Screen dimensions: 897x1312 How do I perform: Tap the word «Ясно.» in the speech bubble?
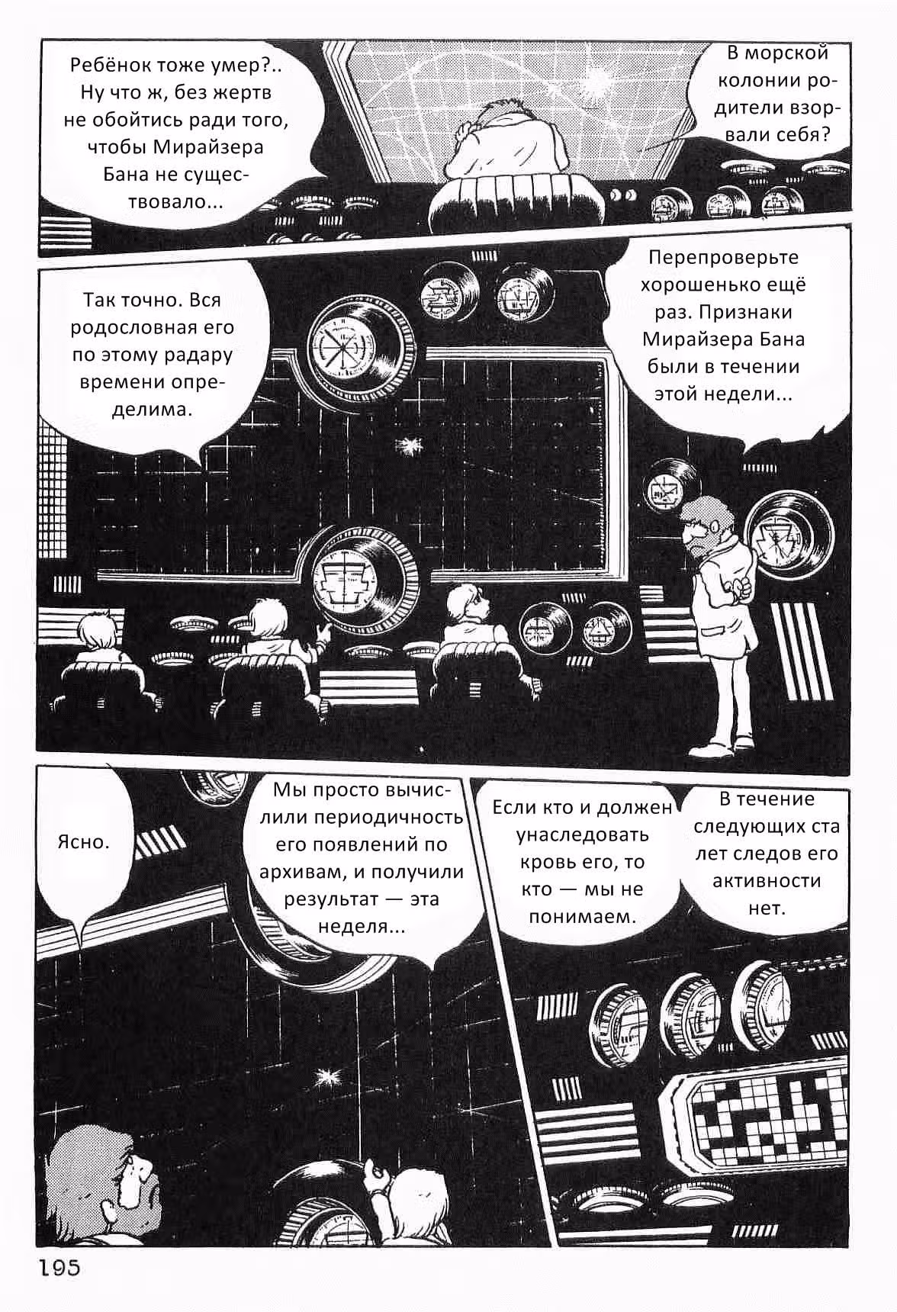(x=83, y=842)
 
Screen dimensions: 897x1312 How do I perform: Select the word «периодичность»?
(x=389, y=817)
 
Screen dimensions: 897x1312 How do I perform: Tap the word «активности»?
(x=767, y=881)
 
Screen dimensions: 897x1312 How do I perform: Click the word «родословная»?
(x=153, y=327)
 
